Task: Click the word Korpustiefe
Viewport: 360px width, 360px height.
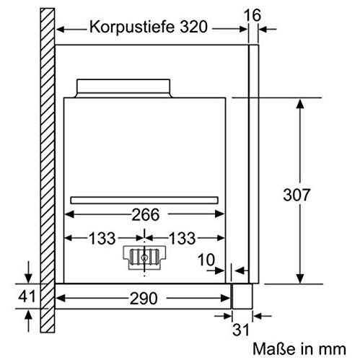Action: pyautogui.click(x=132, y=27)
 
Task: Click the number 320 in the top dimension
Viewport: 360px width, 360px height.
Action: pyautogui.click(x=194, y=27)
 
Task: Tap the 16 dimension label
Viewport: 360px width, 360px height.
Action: pyautogui.click(x=253, y=15)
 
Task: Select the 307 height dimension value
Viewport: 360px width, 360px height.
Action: pyautogui.click(x=297, y=195)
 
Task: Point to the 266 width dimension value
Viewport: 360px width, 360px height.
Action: pyautogui.click(x=146, y=214)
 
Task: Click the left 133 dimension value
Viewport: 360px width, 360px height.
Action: pyautogui.click(x=102, y=238)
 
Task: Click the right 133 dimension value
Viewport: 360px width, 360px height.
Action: pyautogui.click(x=183, y=238)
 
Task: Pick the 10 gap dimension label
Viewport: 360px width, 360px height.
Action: pyautogui.click(x=206, y=260)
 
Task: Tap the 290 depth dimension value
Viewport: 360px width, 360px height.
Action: pyautogui.click(x=144, y=299)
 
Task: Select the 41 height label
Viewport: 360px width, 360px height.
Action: pyautogui.click(x=27, y=296)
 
